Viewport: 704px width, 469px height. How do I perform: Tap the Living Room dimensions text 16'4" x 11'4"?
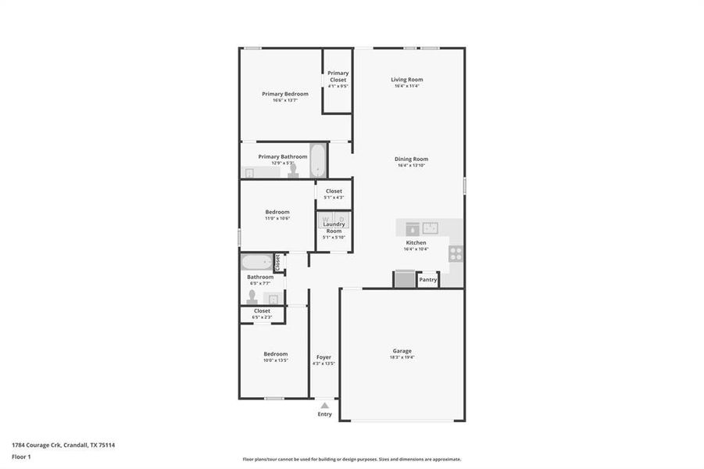[x=407, y=86]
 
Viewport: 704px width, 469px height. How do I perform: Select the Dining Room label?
[x=413, y=159]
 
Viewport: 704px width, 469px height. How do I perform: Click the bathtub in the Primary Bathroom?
[x=319, y=160]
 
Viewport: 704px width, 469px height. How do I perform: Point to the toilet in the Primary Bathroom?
[x=294, y=172]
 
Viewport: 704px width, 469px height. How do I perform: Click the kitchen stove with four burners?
[x=456, y=253]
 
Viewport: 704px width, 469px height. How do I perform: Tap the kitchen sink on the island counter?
[x=431, y=228]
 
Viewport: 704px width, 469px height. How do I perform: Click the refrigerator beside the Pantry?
[x=405, y=279]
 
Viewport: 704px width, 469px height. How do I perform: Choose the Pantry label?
[x=428, y=280]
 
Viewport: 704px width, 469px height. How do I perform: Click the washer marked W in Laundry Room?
[x=327, y=219]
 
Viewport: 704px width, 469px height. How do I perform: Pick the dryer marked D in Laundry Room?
[x=341, y=219]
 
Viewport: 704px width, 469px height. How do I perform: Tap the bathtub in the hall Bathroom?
[x=256, y=262]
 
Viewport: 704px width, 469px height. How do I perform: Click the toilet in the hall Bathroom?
[x=252, y=296]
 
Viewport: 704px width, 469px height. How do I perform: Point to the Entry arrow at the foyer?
[x=324, y=405]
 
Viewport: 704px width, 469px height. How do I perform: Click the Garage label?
[x=402, y=351]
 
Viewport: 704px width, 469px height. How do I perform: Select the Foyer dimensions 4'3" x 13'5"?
[x=323, y=363]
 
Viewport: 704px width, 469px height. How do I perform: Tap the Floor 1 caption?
[x=21, y=456]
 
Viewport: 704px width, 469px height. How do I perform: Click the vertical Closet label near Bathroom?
[x=277, y=262]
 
